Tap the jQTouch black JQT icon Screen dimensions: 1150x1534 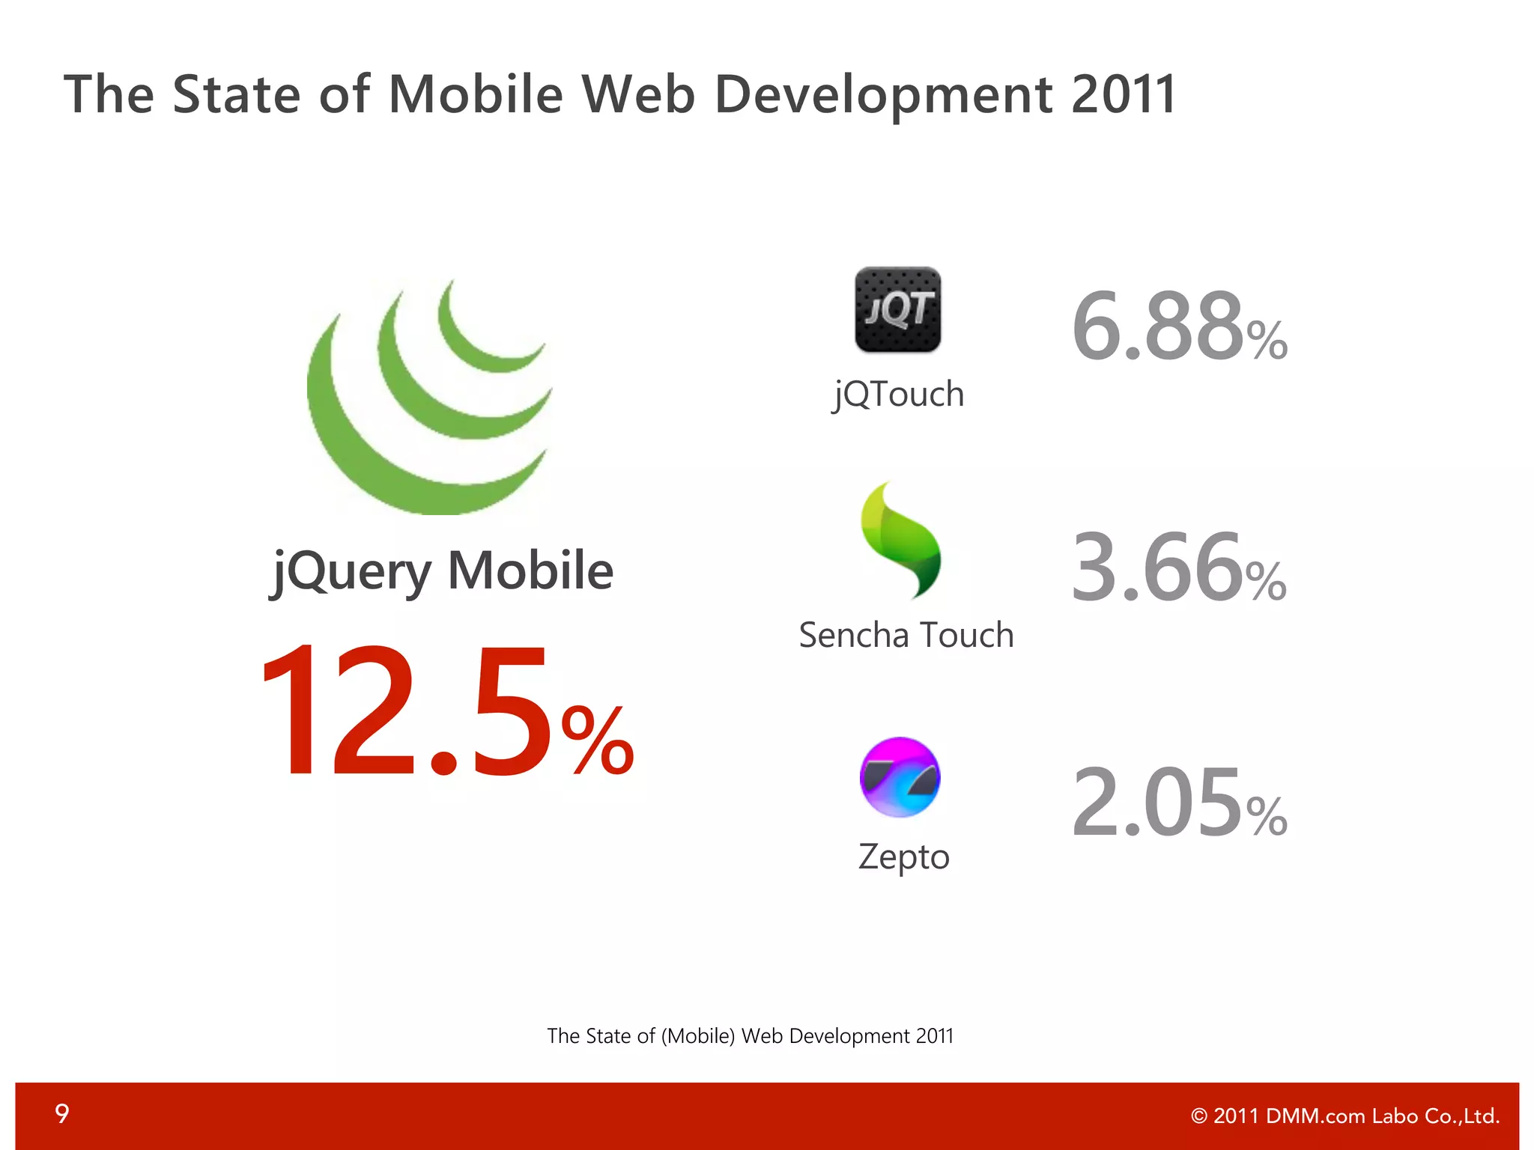click(897, 309)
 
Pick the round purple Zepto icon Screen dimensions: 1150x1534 click(900, 777)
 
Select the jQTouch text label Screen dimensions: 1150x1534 click(898, 394)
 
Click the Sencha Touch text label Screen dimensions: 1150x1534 click(906, 635)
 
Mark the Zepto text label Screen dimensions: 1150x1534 click(903, 856)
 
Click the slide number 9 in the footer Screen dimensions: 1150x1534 click(62, 1114)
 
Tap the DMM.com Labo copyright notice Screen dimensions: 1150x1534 click(1345, 1116)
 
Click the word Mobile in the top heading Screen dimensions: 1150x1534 click(475, 94)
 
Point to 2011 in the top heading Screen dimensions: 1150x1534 click(1124, 94)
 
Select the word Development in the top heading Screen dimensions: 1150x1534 click(884, 96)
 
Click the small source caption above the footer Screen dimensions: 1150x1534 click(750, 1036)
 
